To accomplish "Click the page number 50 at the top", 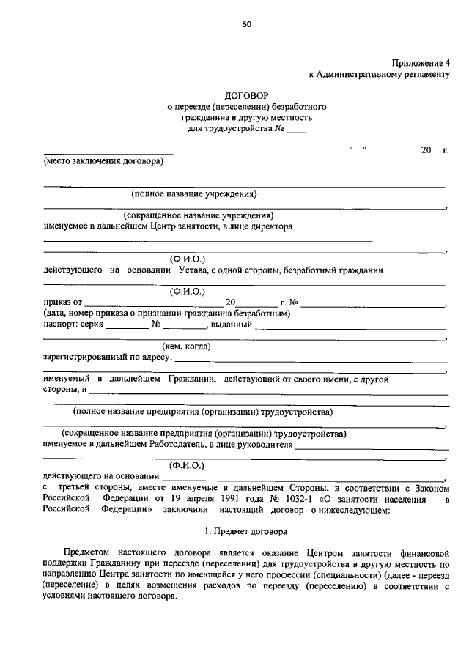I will coord(247,24).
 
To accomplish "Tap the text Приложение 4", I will coord(418,64).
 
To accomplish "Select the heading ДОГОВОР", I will coord(246,95).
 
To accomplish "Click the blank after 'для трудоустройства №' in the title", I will coord(295,131).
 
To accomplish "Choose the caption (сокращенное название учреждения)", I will coord(199,216).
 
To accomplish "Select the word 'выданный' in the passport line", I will coord(231,325).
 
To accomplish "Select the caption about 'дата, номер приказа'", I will coord(166,314).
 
